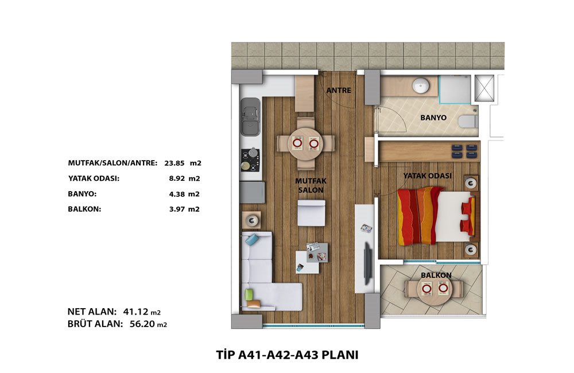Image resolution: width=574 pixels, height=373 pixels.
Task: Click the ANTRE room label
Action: (339, 90)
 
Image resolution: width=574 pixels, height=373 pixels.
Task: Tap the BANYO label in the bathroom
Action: (433, 118)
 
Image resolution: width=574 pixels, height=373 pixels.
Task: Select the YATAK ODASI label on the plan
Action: (427, 176)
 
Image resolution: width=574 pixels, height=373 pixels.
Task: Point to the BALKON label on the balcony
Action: (436, 275)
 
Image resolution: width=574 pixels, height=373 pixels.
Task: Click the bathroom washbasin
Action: (421, 87)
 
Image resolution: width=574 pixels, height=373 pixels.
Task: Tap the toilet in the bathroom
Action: (468, 122)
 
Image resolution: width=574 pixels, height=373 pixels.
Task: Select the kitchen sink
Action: (250, 116)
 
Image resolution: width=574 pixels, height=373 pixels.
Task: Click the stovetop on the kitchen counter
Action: (250, 160)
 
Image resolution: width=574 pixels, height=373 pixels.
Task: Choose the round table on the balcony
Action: (435, 289)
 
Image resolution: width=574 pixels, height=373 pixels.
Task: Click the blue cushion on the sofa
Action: (252, 239)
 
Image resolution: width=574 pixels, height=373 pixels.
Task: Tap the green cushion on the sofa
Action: (249, 294)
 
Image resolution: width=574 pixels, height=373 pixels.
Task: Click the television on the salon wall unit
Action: (367, 262)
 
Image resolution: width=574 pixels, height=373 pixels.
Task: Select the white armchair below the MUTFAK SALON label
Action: (311, 213)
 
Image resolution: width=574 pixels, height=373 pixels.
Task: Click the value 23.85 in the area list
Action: (174, 163)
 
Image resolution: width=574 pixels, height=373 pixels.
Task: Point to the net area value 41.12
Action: (136, 312)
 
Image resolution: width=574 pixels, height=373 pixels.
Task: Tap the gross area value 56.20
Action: (142, 324)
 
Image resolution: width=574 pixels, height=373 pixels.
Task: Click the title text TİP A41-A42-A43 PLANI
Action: (287, 355)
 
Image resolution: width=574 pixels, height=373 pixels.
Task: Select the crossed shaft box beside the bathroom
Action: (484, 88)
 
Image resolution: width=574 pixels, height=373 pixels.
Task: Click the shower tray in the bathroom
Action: (455, 88)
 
